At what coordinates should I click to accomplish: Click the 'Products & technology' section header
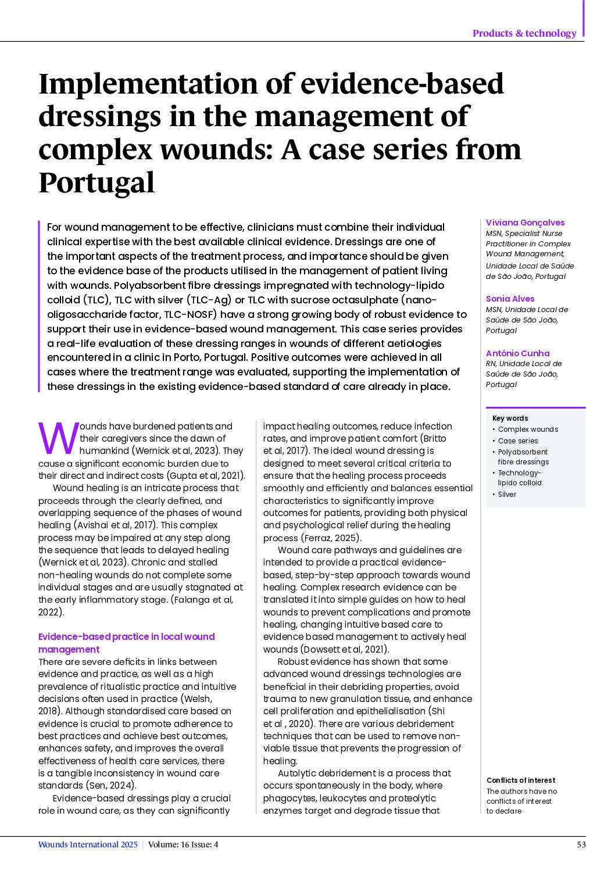click(524, 33)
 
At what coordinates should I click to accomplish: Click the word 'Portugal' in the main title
click(96, 182)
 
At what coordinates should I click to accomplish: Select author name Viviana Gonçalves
click(525, 223)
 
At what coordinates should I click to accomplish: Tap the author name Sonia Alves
click(510, 299)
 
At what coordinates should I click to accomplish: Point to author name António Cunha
click(517, 353)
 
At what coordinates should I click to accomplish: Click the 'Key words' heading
click(510, 418)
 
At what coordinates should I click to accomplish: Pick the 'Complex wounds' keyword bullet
click(528, 429)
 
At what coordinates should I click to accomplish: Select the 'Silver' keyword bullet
click(507, 495)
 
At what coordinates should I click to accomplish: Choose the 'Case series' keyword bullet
click(518, 441)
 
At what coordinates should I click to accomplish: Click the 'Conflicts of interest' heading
click(520, 781)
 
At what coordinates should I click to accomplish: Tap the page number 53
click(581, 844)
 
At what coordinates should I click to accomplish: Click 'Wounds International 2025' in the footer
click(88, 844)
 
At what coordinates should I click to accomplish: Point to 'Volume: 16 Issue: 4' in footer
click(183, 844)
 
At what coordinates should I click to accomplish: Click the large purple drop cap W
click(58, 439)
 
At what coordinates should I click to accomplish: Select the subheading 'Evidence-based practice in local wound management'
click(126, 643)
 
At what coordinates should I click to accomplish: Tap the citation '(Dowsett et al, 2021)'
click(345, 649)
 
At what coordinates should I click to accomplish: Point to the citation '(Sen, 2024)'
click(111, 786)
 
